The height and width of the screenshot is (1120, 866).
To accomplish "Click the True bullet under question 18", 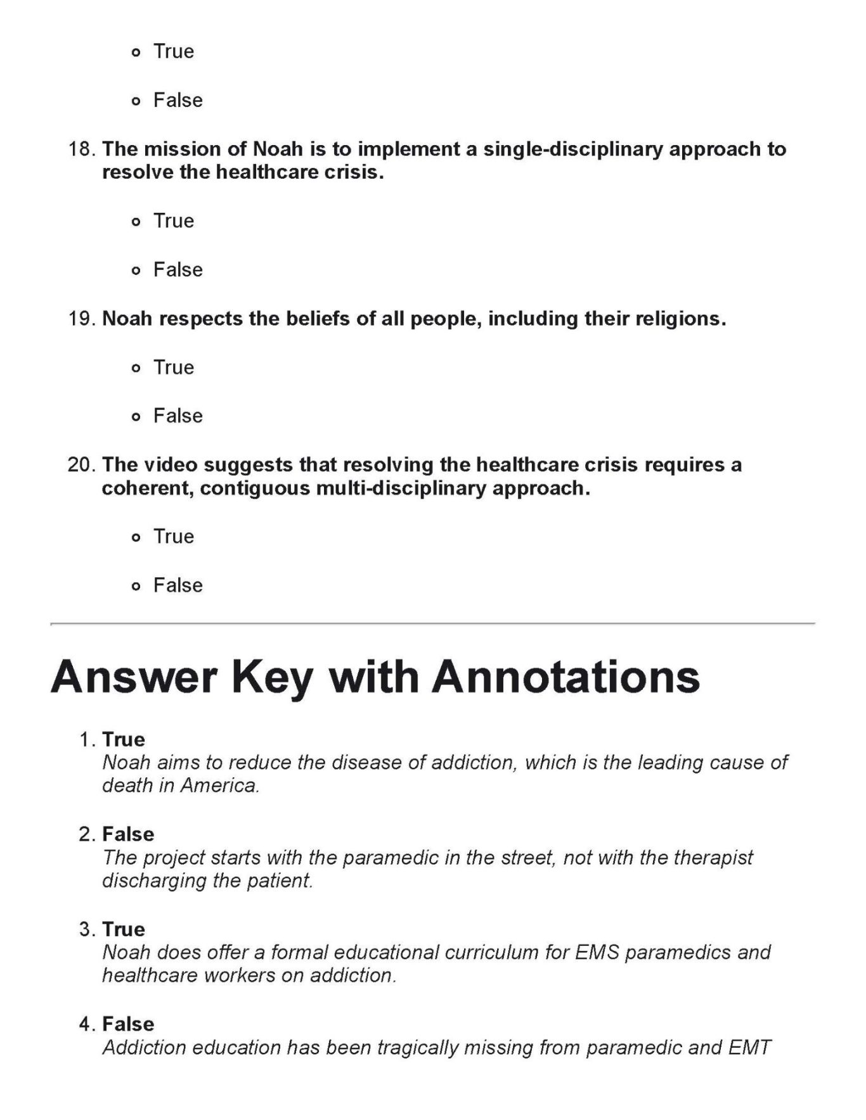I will click(x=135, y=222).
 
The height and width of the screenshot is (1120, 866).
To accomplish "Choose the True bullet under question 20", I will click(x=135, y=538).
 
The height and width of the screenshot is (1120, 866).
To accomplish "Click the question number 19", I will click(x=82, y=319).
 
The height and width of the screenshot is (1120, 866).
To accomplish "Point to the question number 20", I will click(x=82, y=466).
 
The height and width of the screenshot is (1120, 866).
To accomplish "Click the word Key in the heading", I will click(x=273, y=677).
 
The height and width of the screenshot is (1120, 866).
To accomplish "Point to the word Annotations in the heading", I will click(x=566, y=677).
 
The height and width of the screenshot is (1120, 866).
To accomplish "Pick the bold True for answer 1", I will click(x=124, y=740).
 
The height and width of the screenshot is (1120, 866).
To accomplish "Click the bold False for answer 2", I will click(x=128, y=834).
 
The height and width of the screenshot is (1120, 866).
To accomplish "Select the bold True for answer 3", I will click(x=124, y=929).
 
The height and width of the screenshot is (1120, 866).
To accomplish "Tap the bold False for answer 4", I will click(x=128, y=1024).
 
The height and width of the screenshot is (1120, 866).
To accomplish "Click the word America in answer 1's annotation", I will click(x=220, y=786).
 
